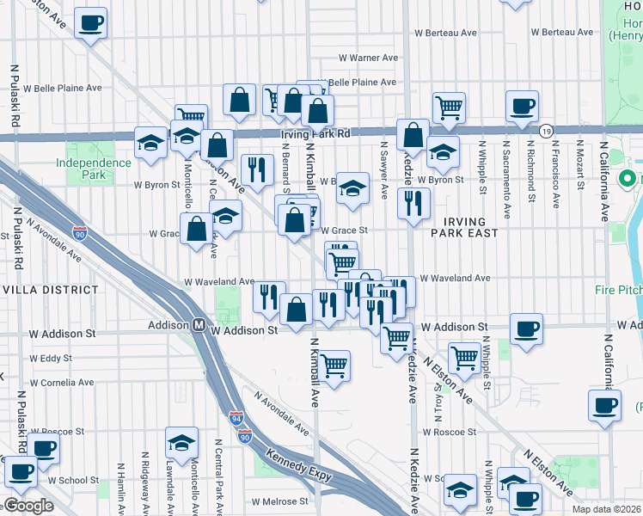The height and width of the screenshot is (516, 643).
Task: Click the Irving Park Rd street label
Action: [x=315, y=134]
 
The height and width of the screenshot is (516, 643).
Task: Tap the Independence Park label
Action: [x=82, y=169]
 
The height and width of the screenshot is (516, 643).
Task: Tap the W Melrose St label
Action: [x=279, y=501]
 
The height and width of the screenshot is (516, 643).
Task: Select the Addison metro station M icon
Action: [x=197, y=326]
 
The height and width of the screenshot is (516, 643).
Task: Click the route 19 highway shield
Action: [x=547, y=131]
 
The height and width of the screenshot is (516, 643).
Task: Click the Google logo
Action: [x=28, y=506]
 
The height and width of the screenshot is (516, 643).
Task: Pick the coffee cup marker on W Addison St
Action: [x=526, y=327]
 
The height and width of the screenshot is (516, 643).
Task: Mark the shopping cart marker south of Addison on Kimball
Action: [x=334, y=365]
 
